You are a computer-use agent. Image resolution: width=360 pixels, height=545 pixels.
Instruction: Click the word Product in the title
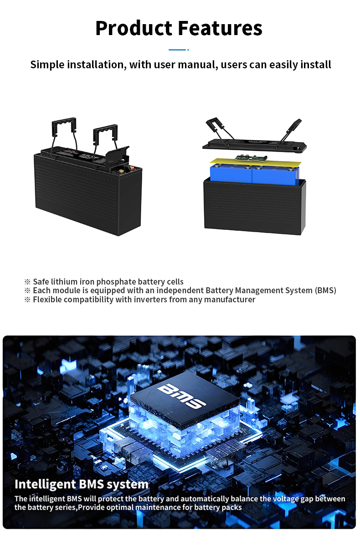134,28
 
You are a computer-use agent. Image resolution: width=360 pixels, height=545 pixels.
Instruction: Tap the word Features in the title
220,28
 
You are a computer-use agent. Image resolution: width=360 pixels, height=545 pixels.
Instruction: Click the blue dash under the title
177,50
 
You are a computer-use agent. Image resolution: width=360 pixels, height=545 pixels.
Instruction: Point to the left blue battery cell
231,174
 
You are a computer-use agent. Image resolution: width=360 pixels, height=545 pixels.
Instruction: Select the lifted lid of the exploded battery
255,145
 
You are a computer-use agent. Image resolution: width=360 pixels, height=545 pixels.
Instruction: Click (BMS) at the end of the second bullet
325,290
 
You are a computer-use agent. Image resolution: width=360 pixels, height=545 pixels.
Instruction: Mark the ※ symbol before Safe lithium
27,282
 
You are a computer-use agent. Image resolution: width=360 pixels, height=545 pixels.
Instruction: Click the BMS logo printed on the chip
181,396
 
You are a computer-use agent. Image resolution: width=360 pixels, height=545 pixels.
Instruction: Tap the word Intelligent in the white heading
45,484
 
